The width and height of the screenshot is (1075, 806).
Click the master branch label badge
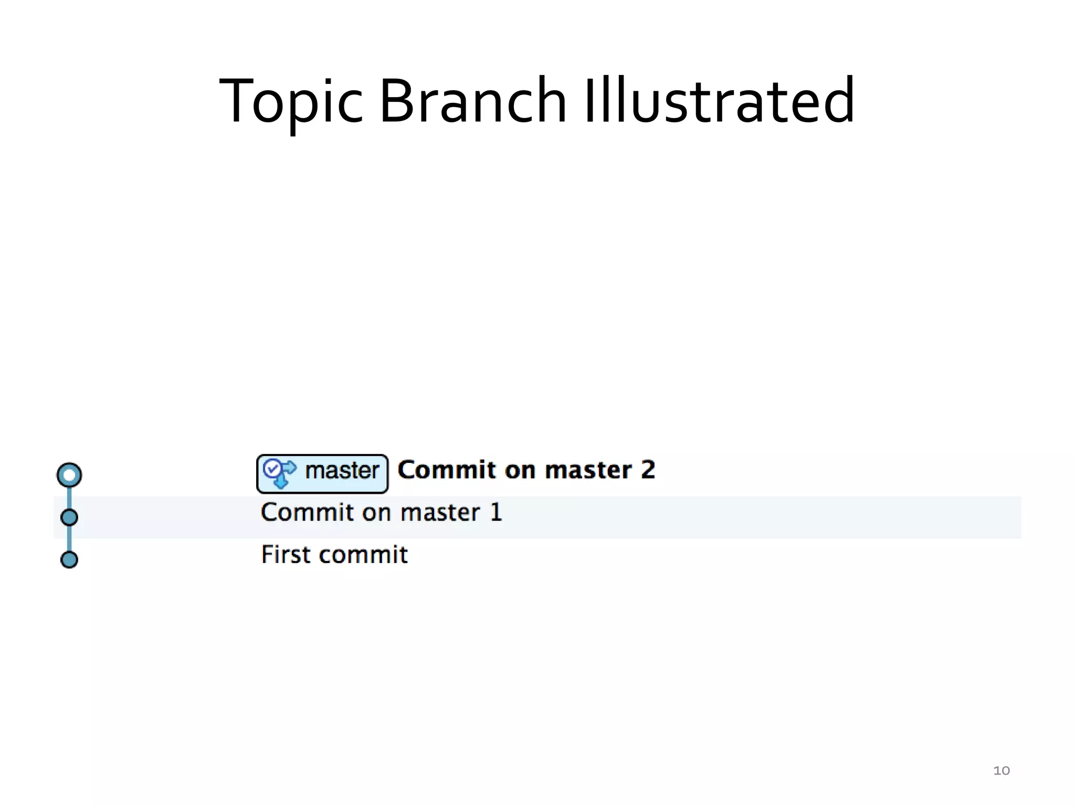(x=322, y=474)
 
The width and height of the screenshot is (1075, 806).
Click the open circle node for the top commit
(x=69, y=475)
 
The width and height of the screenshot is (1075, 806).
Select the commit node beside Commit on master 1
(x=69, y=517)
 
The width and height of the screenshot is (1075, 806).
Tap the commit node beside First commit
(x=69, y=559)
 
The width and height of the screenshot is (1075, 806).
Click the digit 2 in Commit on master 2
(x=648, y=470)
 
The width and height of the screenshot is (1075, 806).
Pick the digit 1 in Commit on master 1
(x=496, y=512)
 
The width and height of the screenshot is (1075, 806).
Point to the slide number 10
(x=1002, y=770)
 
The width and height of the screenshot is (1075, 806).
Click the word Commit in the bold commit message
(x=446, y=470)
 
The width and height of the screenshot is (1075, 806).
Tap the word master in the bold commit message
(x=588, y=470)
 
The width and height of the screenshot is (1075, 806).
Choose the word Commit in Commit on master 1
(x=307, y=512)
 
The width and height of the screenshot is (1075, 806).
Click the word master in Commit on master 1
(x=440, y=513)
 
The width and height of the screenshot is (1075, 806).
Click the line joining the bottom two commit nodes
(x=69, y=539)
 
